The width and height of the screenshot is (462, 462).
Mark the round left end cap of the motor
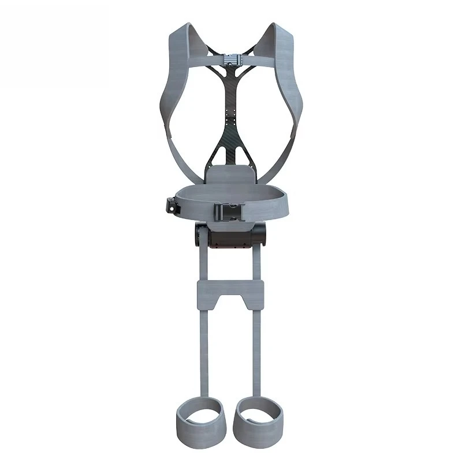coord(199,236)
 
